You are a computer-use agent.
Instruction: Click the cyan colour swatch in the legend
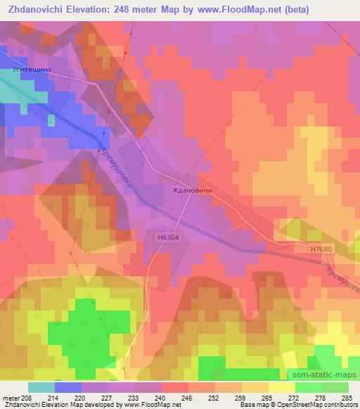pyautogui.click(x=41, y=387)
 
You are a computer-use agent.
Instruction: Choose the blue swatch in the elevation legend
pyautogui.click(x=68, y=387)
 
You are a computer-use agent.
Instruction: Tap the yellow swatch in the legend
pyautogui.click(x=281, y=387)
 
